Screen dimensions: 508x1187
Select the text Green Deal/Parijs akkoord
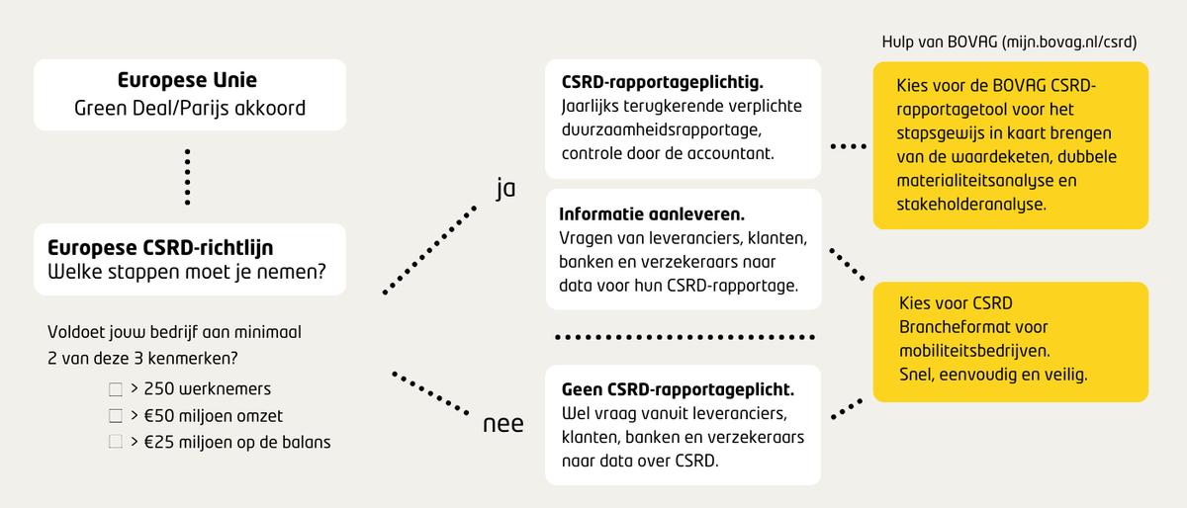point(190,108)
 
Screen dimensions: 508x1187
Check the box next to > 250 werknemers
point(116,389)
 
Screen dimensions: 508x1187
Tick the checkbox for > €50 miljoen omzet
point(116,416)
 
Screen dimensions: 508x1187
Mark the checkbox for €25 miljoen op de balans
point(116,443)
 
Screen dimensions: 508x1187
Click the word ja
point(505,188)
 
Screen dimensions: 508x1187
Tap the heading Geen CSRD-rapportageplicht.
point(678,389)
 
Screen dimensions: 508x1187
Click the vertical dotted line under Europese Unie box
point(188,177)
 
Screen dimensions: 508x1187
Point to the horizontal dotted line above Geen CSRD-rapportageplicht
point(687,338)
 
